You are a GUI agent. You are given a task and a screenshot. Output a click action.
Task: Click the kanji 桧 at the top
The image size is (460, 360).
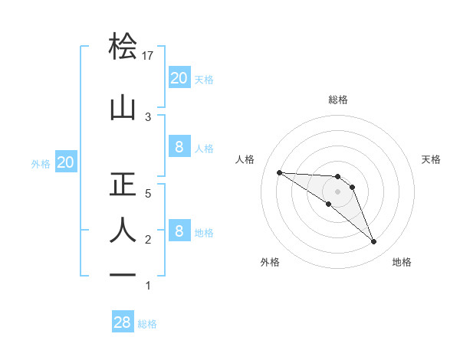(123, 47)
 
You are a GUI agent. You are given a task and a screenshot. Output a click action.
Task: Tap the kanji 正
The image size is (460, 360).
(123, 185)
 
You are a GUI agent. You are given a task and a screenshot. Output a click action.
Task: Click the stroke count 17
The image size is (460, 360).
(149, 56)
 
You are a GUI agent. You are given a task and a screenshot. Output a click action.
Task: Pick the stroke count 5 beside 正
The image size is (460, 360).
(149, 194)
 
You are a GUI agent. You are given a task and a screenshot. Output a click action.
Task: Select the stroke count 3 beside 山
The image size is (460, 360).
(149, 116)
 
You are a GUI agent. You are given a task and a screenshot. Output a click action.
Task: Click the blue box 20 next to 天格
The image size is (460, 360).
(179, 78)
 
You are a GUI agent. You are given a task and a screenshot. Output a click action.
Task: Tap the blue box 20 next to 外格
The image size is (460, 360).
(65, 162)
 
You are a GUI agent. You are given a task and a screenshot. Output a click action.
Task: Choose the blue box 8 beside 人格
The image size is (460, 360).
(179, 147)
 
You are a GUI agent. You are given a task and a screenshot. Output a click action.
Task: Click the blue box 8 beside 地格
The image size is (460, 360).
(179, 231)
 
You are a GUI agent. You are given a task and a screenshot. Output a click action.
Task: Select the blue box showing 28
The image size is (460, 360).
(123, 322)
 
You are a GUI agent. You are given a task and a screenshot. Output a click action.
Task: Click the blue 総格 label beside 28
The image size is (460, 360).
(147, 324)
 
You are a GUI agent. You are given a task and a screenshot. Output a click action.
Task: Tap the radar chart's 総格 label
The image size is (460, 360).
(338, 100)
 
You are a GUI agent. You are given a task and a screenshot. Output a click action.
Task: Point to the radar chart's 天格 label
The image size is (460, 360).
(432, 159)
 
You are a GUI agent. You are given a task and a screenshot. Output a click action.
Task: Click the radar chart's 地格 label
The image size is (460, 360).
(402, 262)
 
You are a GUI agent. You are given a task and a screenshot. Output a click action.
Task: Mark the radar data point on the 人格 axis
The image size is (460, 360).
(279, 172)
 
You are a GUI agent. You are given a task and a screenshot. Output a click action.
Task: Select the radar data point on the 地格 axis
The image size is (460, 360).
(374, 242)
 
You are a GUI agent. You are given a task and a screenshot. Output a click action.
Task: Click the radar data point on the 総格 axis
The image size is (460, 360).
(337, 177)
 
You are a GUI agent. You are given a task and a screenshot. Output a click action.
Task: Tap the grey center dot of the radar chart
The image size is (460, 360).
(337, 191)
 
